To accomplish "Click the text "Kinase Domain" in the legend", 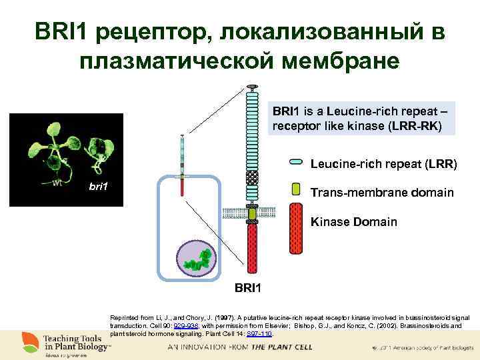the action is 353,221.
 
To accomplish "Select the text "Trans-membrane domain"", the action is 382,192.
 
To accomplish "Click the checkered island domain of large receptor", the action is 252,178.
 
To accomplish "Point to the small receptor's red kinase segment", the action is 182,187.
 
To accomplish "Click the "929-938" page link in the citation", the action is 185,327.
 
